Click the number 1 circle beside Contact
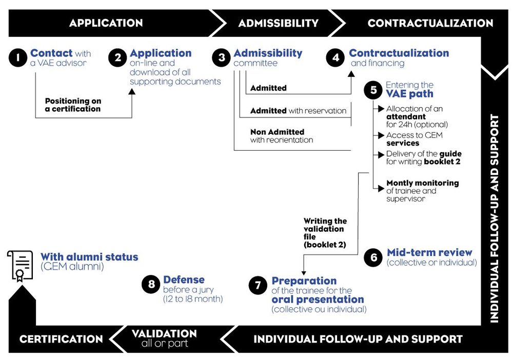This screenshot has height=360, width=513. (x=18, y=57)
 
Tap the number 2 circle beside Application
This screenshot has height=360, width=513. (x=118, y=57)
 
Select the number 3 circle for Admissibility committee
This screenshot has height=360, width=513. (x=222, y=57)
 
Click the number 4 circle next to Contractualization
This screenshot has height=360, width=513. (x=336, y=57)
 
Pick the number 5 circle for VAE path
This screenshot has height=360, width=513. (x=373, y=90)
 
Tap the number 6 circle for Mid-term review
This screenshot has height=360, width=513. (x=373, y=257)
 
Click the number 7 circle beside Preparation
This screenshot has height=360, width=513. (x=258, y=286)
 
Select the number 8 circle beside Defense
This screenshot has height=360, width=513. (x=151, y=285)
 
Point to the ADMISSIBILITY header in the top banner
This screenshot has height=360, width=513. (x=278, y=23)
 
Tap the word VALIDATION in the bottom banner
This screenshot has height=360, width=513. (x=164, y=334)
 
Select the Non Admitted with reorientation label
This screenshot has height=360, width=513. (x=282, y=136)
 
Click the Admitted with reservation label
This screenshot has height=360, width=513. (x=298, y=111)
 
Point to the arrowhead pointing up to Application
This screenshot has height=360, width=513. (x=132, y=92)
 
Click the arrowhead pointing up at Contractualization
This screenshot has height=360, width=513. (x=351, y=74)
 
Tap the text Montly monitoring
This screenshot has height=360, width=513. (x=422, y=183)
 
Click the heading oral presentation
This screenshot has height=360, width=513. (x=318, y=299)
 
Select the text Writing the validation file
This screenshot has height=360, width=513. (x=325, y=233)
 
